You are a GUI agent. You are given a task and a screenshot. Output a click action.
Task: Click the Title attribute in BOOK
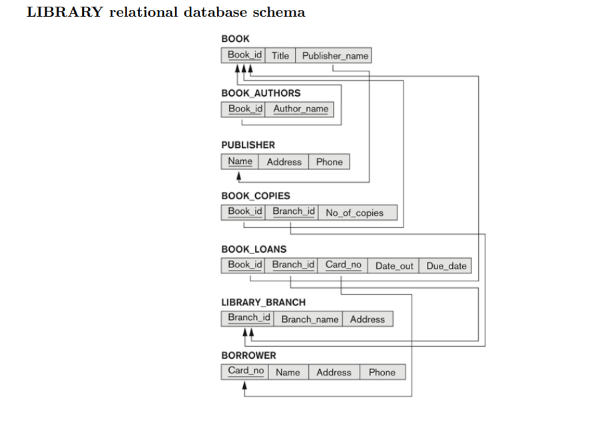click(x=280, y=55)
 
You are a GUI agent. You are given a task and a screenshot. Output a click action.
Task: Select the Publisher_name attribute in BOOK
click(x=334, y=55)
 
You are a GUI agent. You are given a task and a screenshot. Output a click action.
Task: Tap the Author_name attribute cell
click(x=300, y=109)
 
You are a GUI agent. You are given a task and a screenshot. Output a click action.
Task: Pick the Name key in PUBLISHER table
click(x=240, y=161)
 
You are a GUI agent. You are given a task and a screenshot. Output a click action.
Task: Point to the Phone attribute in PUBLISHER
click(x=329, y=161)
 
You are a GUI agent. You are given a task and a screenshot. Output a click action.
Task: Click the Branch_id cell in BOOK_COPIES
click(x=293, y=211)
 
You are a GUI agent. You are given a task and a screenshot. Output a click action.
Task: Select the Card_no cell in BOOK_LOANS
click(x=343, y=265)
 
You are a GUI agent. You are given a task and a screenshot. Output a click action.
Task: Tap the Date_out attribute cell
click(x=394, y=265)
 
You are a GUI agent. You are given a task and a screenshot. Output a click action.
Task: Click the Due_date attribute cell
click(x=446, y=265)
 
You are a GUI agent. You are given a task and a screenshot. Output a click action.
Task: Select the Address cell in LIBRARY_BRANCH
click(x=367, y=319)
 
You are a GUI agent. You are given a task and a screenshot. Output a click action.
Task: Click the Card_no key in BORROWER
click(x=245, y=371)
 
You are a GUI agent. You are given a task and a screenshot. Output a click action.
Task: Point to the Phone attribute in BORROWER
click(x=382, y=372)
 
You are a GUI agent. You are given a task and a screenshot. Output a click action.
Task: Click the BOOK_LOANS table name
click(x=254, y=249)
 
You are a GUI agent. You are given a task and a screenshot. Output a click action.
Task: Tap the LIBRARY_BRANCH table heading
click(x=263, y=302)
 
